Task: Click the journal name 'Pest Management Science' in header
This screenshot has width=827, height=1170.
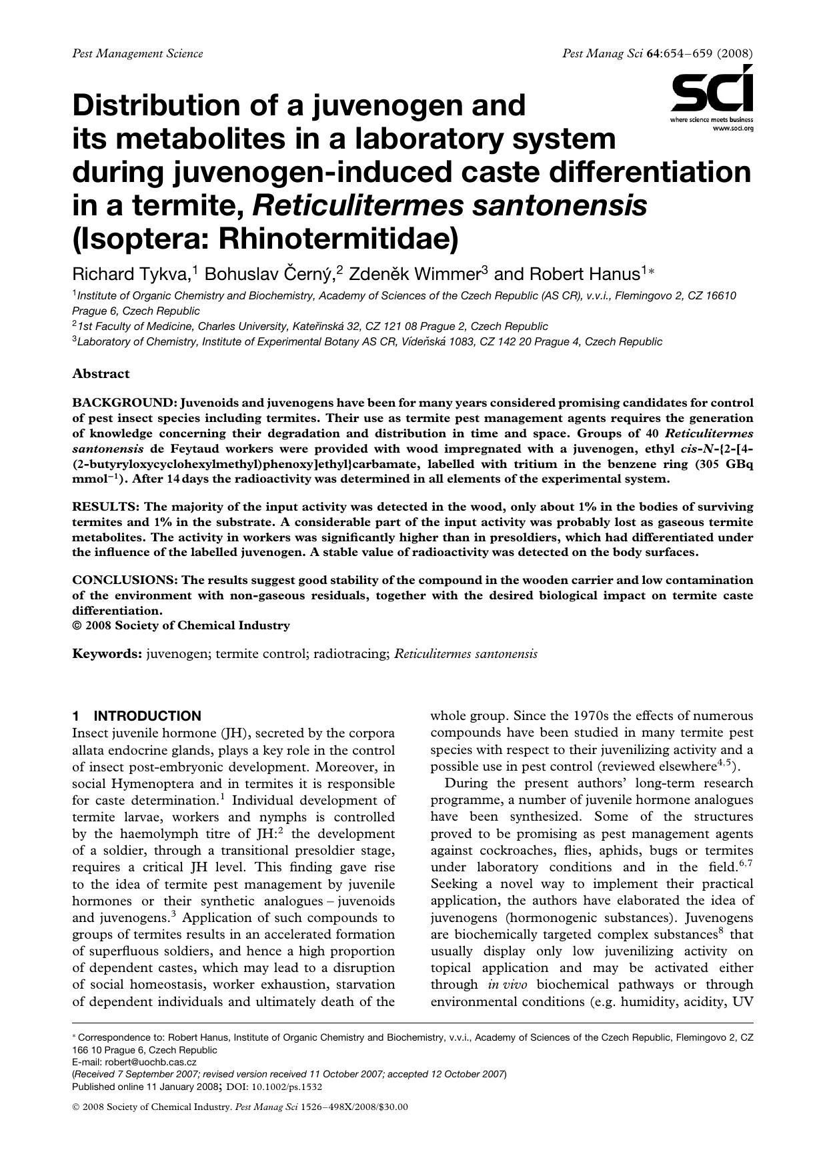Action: click(x=137, y=53)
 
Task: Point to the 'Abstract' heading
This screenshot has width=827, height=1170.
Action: click(x=101, y=373)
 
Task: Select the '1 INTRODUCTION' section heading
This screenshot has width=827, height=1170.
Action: click(x=137, y=716)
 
